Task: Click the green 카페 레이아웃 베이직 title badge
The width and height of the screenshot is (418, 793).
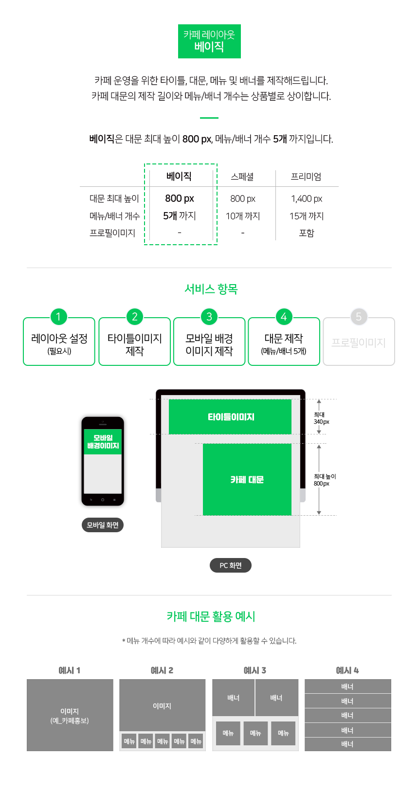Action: (209, 41)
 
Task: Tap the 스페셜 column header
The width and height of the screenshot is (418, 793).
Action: (242, 176)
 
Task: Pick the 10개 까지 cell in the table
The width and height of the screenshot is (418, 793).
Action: (243, 216)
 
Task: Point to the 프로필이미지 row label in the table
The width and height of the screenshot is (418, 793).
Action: (112, 233)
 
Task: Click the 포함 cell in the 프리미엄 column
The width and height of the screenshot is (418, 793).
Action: (307, 233)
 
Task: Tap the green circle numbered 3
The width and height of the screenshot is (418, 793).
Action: (209, 317)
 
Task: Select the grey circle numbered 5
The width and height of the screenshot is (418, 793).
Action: (359, 317)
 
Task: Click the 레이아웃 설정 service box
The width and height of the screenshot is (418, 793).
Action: (59, 341)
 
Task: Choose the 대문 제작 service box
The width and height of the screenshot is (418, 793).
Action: (284, 341)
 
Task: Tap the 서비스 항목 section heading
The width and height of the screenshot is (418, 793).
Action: (211, 289)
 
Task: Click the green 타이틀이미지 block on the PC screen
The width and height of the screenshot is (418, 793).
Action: (230, 416)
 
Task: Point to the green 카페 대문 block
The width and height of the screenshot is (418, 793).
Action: (247, 479)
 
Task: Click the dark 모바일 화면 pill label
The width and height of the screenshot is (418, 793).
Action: (103, 524)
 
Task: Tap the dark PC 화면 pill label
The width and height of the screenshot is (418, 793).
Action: (231, 565)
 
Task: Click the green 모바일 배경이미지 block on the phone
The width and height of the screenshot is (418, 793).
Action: (103, 441)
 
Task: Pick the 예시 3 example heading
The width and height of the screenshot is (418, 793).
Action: (254, 670)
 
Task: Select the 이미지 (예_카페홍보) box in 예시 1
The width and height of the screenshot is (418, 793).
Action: (70, 715)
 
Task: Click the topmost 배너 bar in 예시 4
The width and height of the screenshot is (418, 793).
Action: (347, 686)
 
